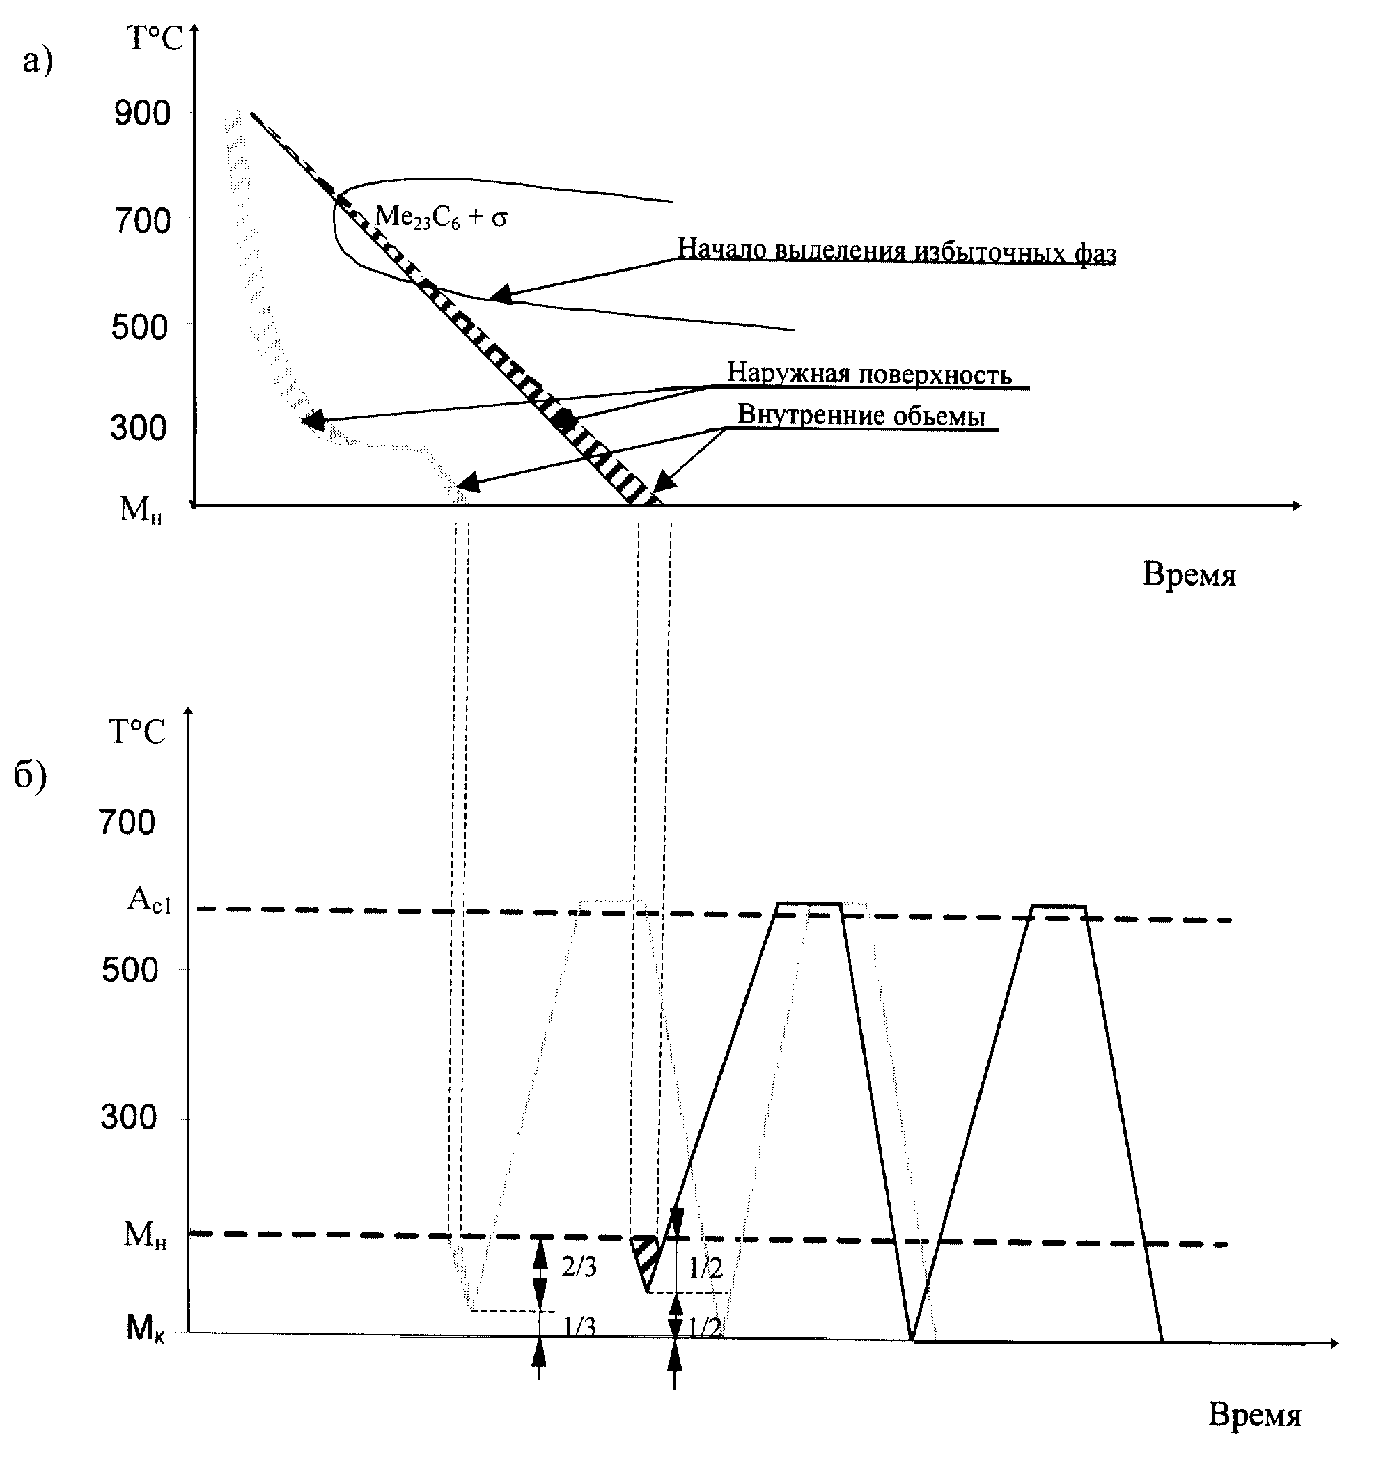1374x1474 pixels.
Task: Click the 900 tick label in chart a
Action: [x=141, y=113]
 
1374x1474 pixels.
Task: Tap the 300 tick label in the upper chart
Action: [x=139, y=428]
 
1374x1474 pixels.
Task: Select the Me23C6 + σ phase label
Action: [x=442, y=218]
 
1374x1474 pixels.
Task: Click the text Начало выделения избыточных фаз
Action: [x=896, y=251]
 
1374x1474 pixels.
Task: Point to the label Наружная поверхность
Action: [x=869, y=373]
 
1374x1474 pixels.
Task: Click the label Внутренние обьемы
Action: [x=861, y=415]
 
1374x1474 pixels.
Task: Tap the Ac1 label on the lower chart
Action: [x=149, y=900]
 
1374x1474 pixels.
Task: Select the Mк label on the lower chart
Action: [x=146, y=1327]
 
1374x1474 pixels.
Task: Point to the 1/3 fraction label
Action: [x=579, y=1326]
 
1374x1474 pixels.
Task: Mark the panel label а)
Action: [x=38, y=59]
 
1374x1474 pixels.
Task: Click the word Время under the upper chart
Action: [x=1189, y=574]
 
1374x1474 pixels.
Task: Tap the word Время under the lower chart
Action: [x=1255, y=1415]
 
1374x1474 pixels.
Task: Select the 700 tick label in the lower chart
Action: [x=127, y=823]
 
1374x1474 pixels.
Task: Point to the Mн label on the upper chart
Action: [x=141, y=510]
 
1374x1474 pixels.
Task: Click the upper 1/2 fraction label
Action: [x=705, y=1268]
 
